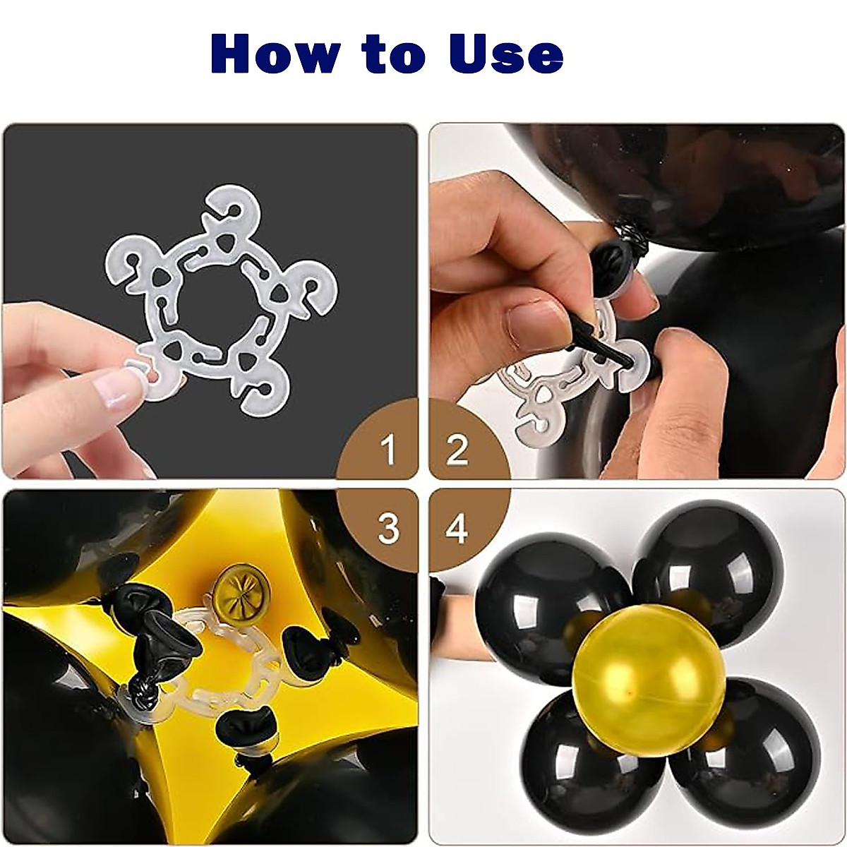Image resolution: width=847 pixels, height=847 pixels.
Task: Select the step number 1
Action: pos(388,450)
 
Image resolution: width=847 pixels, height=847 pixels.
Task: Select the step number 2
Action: pos(457,450)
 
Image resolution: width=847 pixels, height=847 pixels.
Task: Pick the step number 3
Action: pos(388,527)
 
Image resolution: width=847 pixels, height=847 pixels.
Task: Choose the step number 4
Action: pos(457,527)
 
